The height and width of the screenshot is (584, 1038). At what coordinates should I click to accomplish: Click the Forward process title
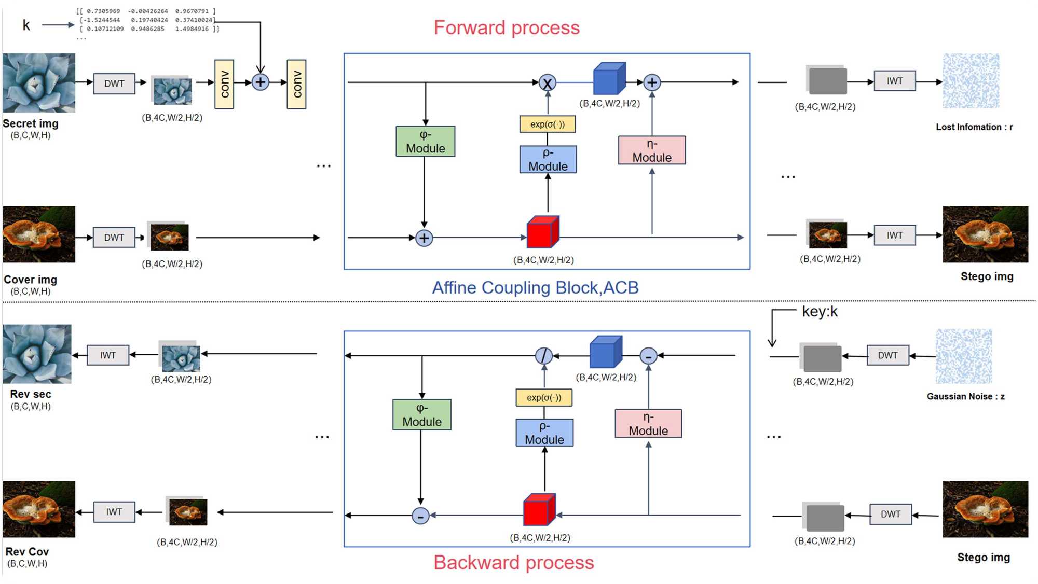pos(507,28)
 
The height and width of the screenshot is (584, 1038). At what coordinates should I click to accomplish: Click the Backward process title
pos(513,563)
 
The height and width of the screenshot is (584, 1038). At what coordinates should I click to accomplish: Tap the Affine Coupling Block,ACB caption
pos(535,288)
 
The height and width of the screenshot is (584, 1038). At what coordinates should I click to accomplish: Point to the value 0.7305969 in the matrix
pos(103,11)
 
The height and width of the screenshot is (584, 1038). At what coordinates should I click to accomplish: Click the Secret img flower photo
pos(39,83)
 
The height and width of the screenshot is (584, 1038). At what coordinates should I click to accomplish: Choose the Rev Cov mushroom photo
pos(39,509)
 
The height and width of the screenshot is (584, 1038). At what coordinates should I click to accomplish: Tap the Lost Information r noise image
pos(971,81)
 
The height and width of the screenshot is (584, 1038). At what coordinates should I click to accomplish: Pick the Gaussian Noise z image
pos(964,356)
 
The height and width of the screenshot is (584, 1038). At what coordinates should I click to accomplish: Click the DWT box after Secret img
pos(114,84)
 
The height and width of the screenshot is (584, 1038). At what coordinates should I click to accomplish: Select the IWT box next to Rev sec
pos(108,355)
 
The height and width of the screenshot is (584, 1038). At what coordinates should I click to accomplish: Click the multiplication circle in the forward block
pos(547,83)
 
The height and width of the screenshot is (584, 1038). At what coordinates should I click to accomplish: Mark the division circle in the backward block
pos(543,356)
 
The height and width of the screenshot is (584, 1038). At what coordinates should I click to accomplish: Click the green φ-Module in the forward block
pos(425,142)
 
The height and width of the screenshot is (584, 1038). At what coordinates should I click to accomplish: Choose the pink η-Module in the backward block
pos(648,424)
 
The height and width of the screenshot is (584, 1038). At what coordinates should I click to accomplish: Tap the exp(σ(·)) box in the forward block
pos(548,124)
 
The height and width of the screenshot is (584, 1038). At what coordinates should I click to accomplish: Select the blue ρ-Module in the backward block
pos(544,433)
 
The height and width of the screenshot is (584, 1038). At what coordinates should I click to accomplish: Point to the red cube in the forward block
pos(542,232)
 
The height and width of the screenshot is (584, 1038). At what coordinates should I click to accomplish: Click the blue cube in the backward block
pos(605,353)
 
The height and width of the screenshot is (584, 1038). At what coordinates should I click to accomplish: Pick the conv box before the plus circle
pos(224,84)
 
